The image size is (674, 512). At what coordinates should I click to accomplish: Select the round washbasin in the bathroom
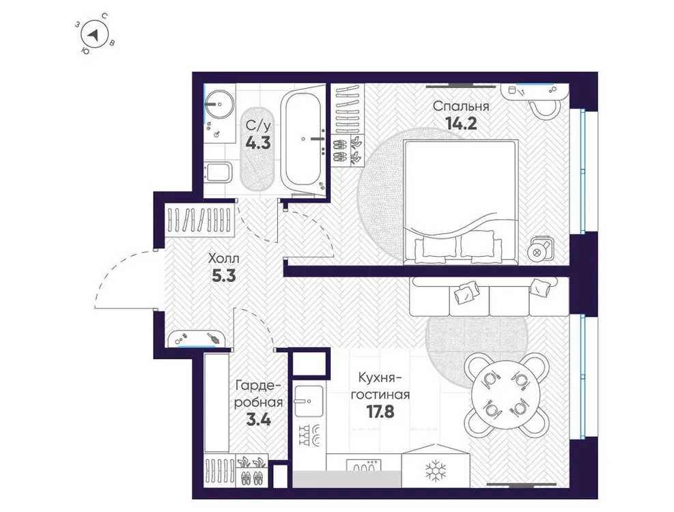click(x=219, y=104)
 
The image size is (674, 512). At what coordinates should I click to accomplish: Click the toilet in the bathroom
click(x=216, y=173)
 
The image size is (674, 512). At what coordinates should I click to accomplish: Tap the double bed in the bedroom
click(x=458, y=201)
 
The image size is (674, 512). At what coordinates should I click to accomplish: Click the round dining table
click(x=504, y=394)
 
